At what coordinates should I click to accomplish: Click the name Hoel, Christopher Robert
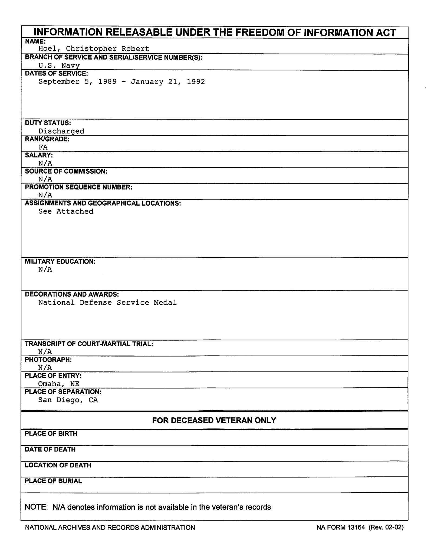click(94, 49)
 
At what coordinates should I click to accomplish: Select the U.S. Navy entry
click(59, 65)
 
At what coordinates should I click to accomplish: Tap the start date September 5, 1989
click(78, 82)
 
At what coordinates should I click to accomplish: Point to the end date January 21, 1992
click(168, 82)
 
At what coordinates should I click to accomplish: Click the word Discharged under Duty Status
click(61, 131)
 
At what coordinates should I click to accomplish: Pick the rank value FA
click(43, 147)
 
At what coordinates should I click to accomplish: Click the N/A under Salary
click(45, 163)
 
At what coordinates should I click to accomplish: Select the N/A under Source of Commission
click(45, 179)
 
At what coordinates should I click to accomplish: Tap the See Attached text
click(66, 211)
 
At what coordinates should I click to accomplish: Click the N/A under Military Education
click(45, 269)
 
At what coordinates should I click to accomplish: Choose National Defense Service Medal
click(107, 302)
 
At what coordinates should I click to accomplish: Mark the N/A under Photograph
click(45, 367)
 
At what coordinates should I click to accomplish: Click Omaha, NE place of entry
click(59, 384)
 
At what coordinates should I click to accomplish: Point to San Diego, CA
click(68, 400)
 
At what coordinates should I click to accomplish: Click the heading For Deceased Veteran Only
click(214, 420)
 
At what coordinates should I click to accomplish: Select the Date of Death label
click(50, 449)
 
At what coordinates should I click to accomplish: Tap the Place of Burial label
click(53, 481)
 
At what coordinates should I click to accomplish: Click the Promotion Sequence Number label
click(78, 187)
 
